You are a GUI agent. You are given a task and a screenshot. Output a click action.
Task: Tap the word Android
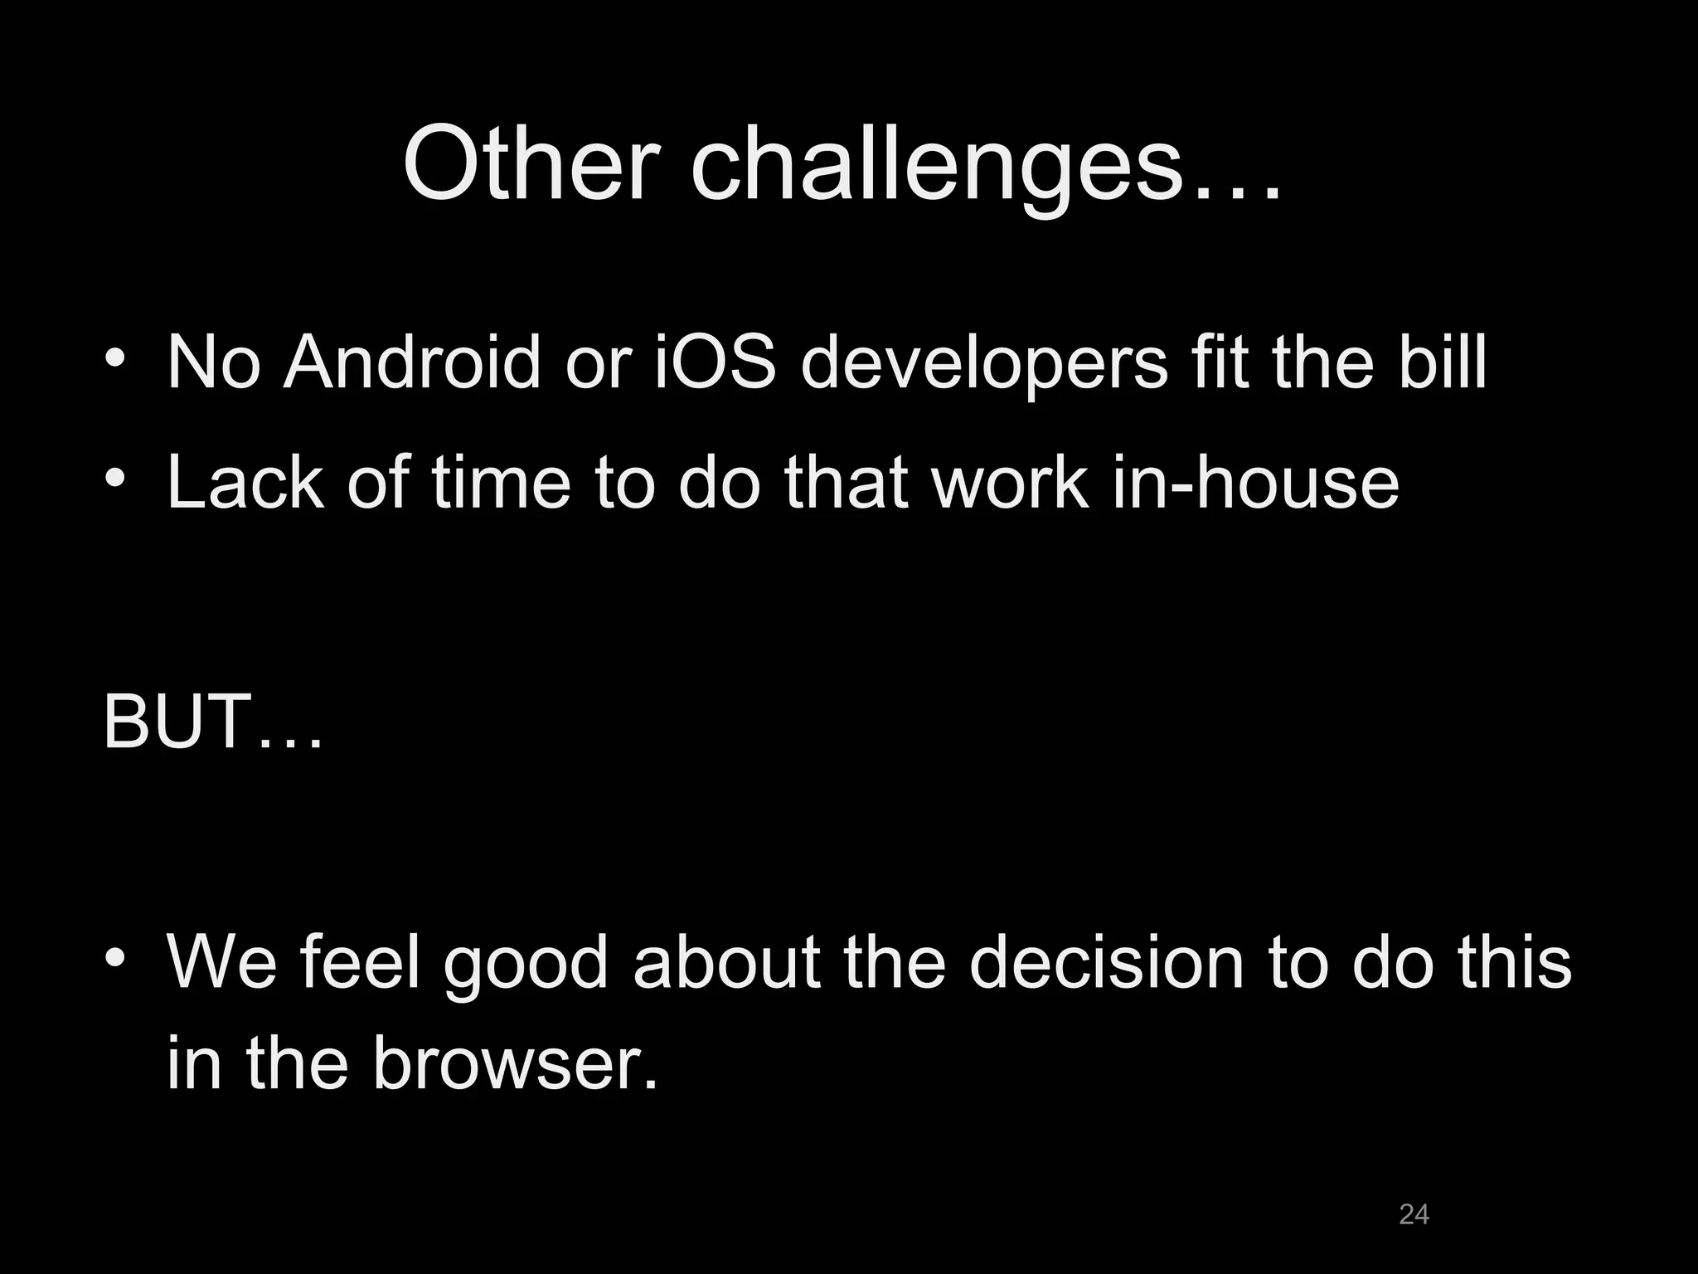(x=411, y=362)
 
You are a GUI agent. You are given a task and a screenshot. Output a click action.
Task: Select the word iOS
(x=715, y=362)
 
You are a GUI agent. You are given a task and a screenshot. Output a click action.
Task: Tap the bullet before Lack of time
(x=115, y=478)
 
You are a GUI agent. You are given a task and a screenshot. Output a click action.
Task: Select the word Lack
(x=245, y=483)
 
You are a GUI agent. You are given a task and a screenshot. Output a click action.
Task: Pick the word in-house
(x=1255, y=483)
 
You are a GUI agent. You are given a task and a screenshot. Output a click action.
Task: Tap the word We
(x=221, y=963)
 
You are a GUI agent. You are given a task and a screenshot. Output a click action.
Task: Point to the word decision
(x=1106, y=963)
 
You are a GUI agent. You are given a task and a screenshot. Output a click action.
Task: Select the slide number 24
(x=1414, y=1214)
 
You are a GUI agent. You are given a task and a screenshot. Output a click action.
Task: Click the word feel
(x=361, y=963)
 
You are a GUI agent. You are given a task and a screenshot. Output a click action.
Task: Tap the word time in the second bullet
(x=501, y=483)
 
